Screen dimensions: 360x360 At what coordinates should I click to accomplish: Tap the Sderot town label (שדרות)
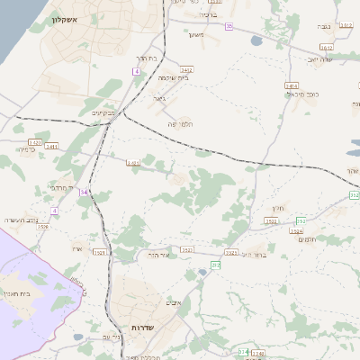144,328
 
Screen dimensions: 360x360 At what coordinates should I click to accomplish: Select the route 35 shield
229,27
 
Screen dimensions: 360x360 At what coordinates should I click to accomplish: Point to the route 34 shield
84,192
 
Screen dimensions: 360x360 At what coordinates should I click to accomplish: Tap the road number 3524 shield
296,231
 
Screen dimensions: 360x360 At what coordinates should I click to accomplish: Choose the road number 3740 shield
258,354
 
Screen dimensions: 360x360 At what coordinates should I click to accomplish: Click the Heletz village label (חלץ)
277,208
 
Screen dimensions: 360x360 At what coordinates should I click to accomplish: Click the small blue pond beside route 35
256,40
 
